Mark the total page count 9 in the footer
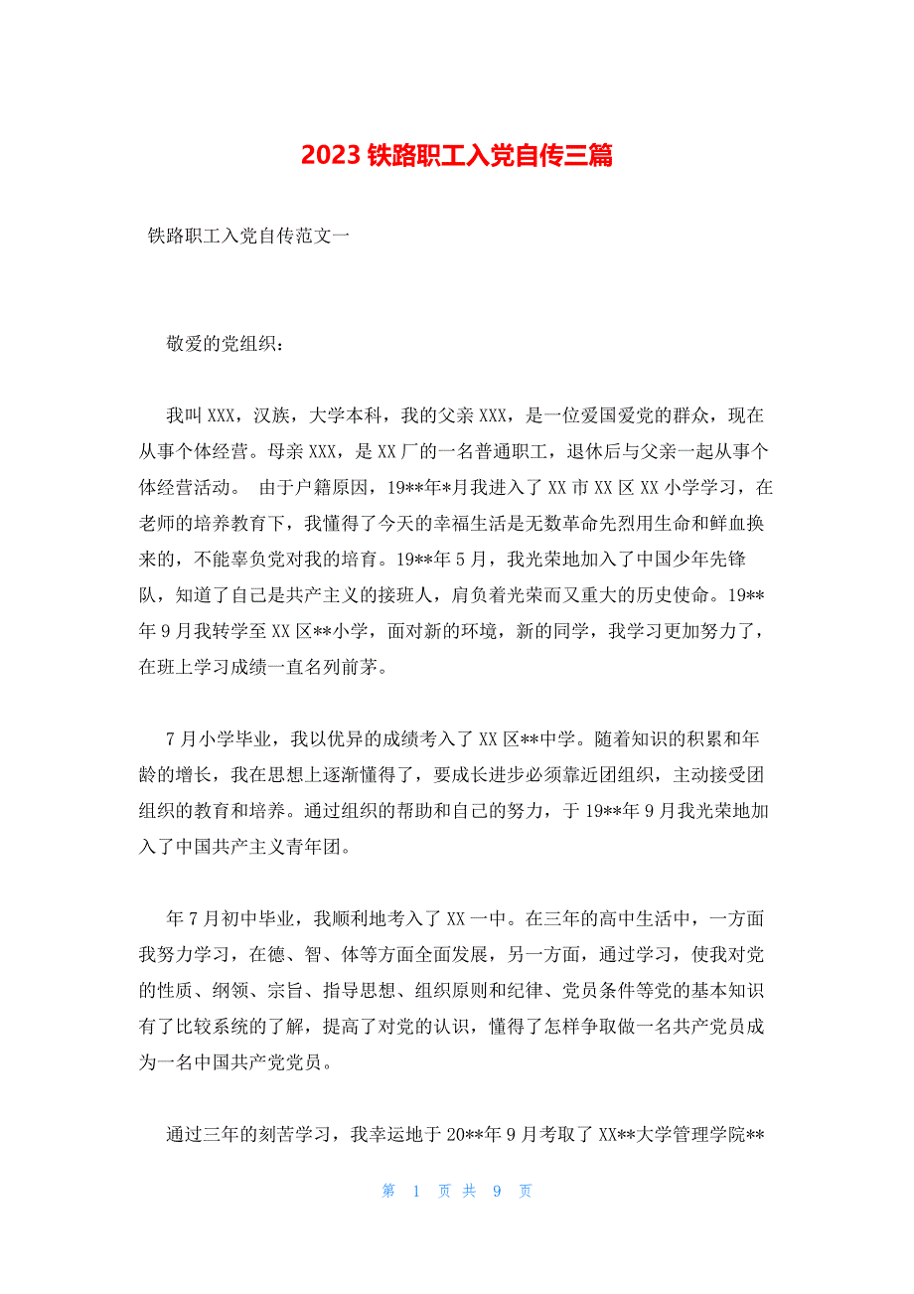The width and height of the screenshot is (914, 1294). (496, 1191)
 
